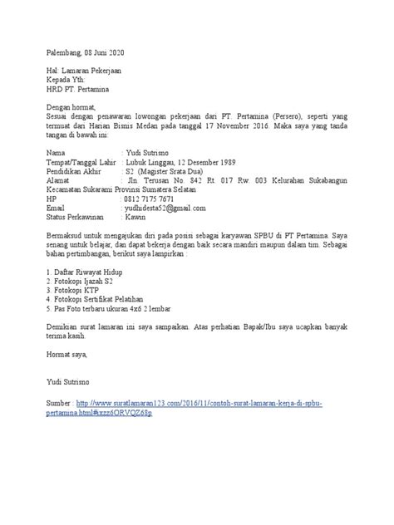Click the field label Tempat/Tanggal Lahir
82,162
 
